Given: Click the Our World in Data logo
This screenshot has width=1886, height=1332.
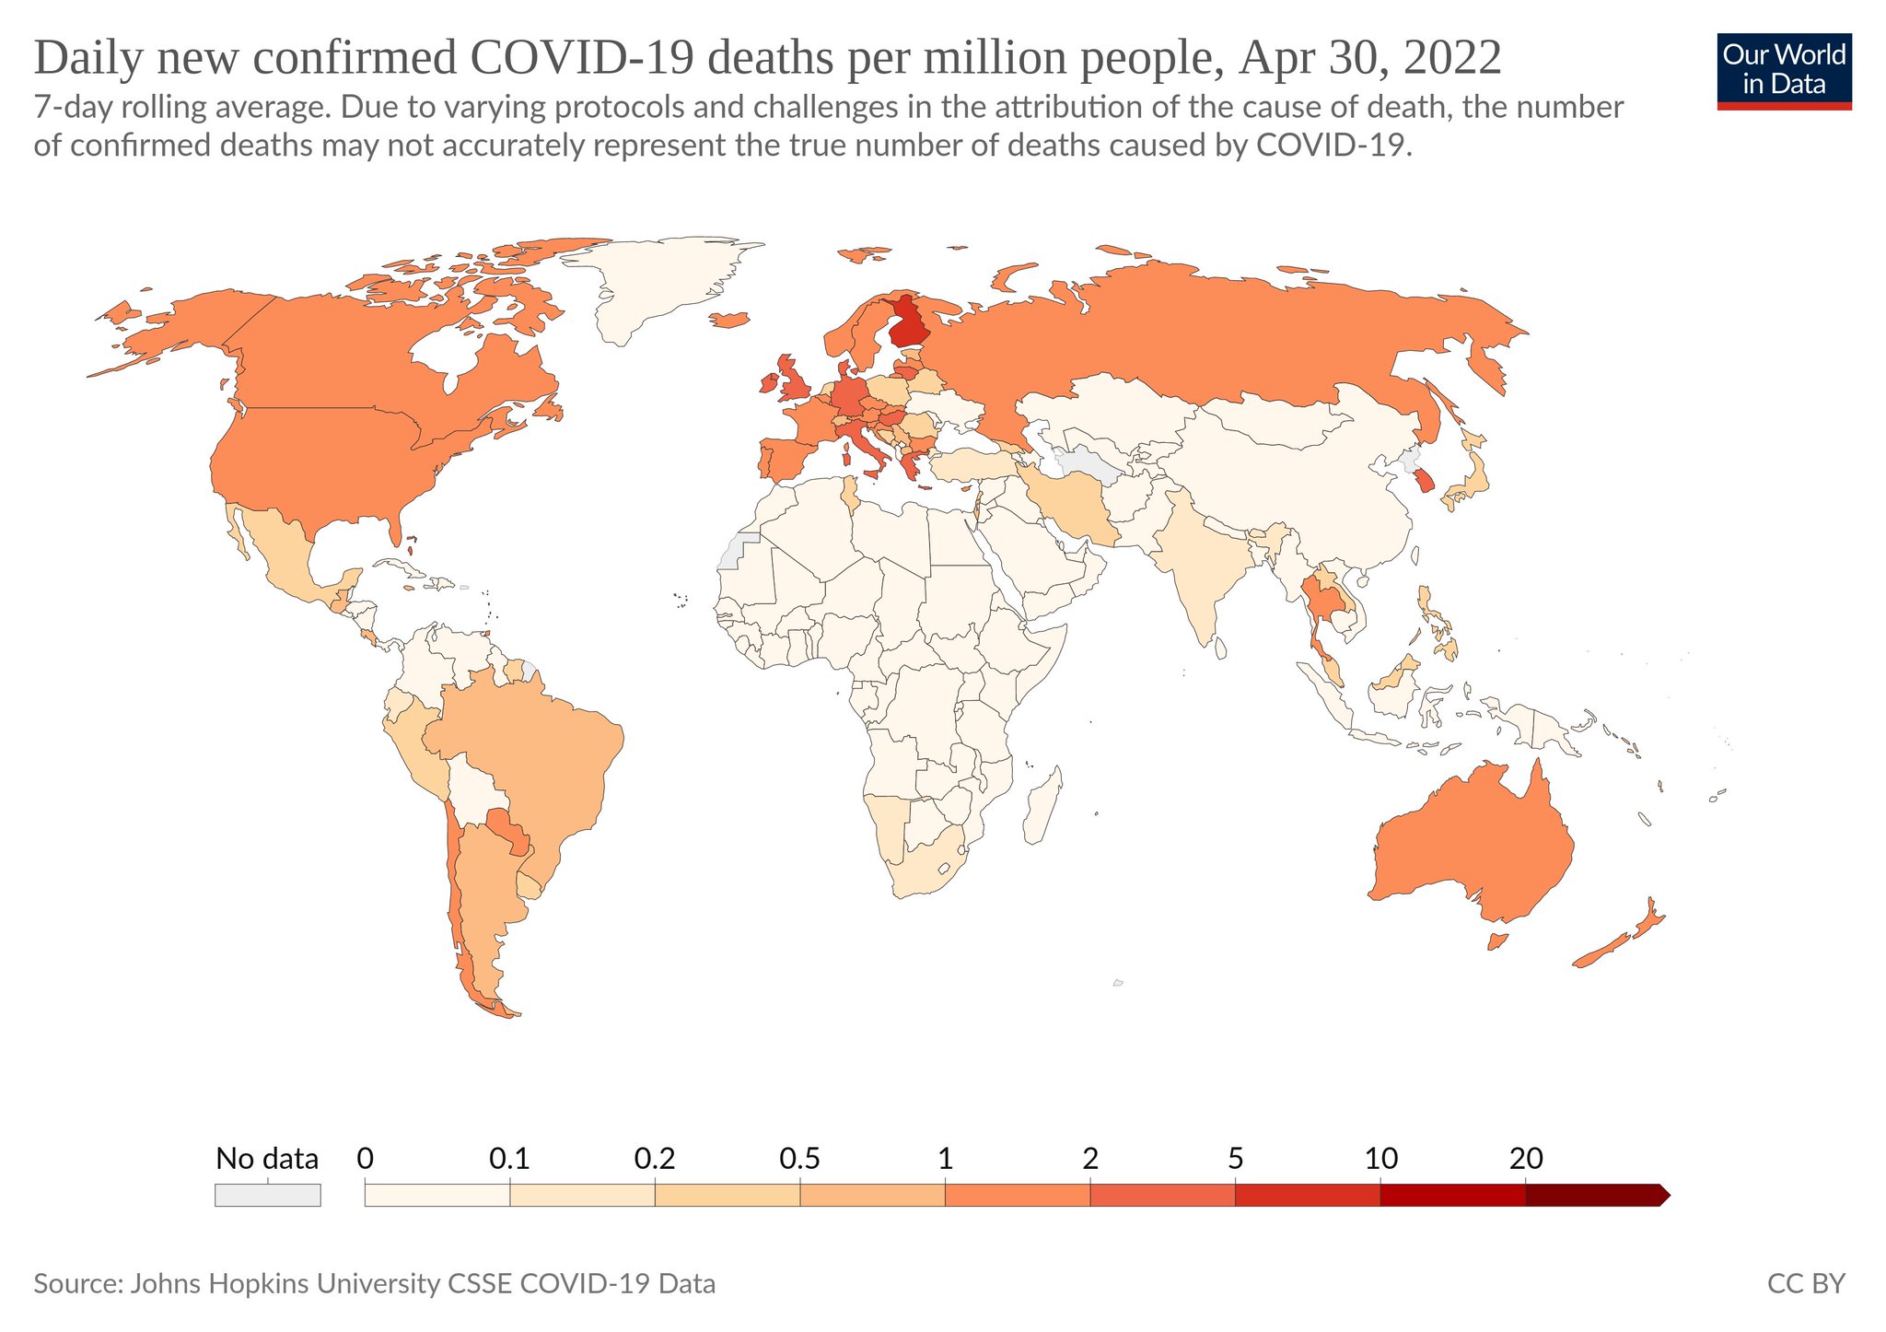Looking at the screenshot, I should coord(1784,71).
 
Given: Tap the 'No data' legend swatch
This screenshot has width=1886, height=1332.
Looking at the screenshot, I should coord(267,1195).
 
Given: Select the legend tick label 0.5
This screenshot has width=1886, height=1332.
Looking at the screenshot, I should coord(799,1158).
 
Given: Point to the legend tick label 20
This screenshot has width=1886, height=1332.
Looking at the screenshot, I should coord(1526,1158).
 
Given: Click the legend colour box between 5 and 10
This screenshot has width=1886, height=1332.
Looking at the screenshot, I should coord(1307,1195).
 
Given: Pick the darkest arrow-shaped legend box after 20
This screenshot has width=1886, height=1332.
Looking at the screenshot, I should coord(1595,1195).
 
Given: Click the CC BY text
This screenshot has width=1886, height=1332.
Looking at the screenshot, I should coord(1806,1283).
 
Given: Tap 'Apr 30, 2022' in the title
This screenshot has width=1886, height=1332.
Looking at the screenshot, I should coord(1370,58).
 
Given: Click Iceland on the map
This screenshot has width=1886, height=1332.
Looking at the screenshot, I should coord(731,320).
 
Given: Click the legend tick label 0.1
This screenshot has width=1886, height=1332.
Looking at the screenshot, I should coord(509,1158).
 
